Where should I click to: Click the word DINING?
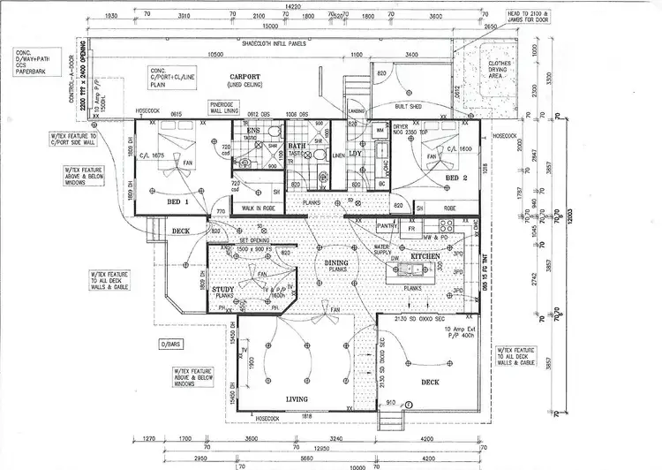coord(336,262)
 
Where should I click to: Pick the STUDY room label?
coord(222,289)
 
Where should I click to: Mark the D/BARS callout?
coord(170,343)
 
